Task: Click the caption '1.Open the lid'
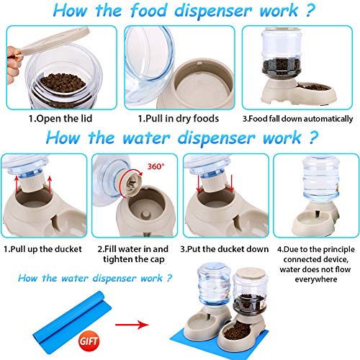(x=60, y=119)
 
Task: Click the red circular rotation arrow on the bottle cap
(x=138, y=174)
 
